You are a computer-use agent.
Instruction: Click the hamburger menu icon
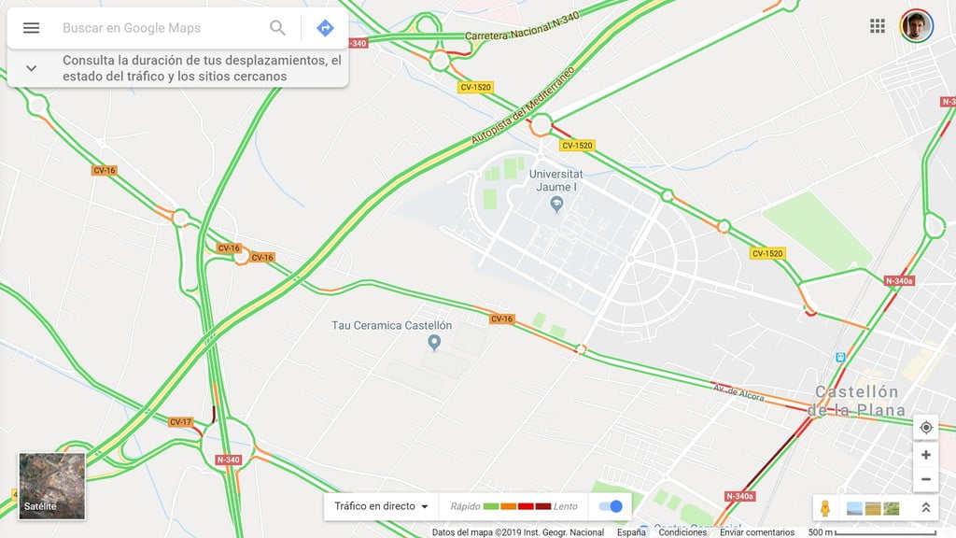pyautogui.click(x=31, y=28)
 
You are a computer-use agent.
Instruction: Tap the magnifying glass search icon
pyautogui.click(x=277, y=28)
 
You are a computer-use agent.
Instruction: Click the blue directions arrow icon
pyautogui.click(x=325, y=28)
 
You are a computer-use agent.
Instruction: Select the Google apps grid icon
pyautogui.click(x=878, y=26)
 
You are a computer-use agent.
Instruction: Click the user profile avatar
pyautogui.click(x=917, y=26)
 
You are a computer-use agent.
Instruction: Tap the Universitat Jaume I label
pyautogui.click(x=556, y=180)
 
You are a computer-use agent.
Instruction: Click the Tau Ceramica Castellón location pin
pyautogui.click(x=433, y=342)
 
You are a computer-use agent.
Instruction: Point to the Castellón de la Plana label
pyautogui.click(x=856, y=401)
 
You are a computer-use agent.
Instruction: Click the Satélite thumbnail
pyautogui.click(x=52, y=486)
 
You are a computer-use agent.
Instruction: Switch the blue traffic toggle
pyautogui.click(x=611, y=506)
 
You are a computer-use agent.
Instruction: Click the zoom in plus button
pyautogui.click(x=925, y=455)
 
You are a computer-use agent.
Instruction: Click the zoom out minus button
pyautogui.click(x=925, y=479)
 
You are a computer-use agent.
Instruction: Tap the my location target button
pyautogui.click(x=925, y=428)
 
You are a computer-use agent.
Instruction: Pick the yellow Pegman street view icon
pyautogui.click(x=825, y=508)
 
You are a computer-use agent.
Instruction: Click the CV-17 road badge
pyautogui.click(x=180, y=422)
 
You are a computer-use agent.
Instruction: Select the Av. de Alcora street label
pyautogui.click(x=738, y=392)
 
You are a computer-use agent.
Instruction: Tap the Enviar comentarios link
pyautogui.click(x=756, y=532)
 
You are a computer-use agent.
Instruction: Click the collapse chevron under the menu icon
pyautogui.click(x=31, y=68)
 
